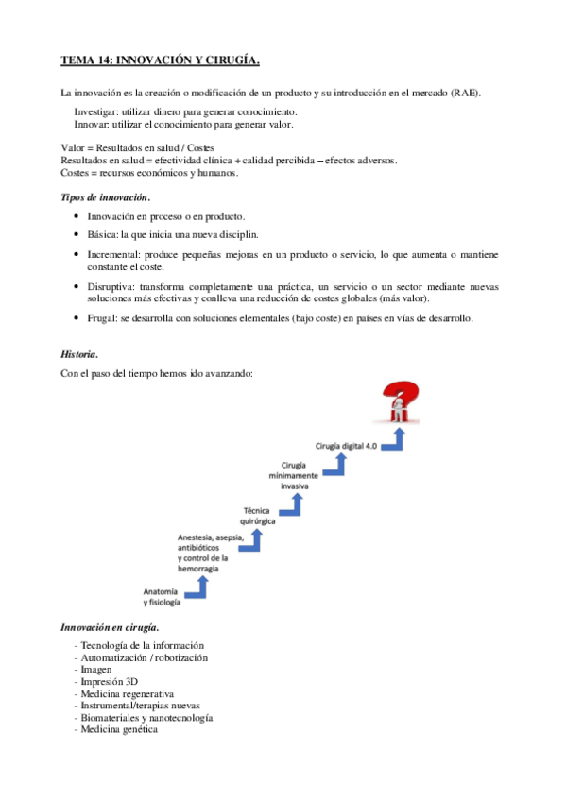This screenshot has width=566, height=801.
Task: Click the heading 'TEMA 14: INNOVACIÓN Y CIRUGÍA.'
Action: point(160,60)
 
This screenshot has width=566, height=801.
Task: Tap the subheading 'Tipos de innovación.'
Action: point(105,196)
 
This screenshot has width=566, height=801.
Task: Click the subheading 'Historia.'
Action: point(79,354)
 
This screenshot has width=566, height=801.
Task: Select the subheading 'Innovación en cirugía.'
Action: point(110,626)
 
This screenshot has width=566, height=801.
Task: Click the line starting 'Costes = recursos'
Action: point(149,173)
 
